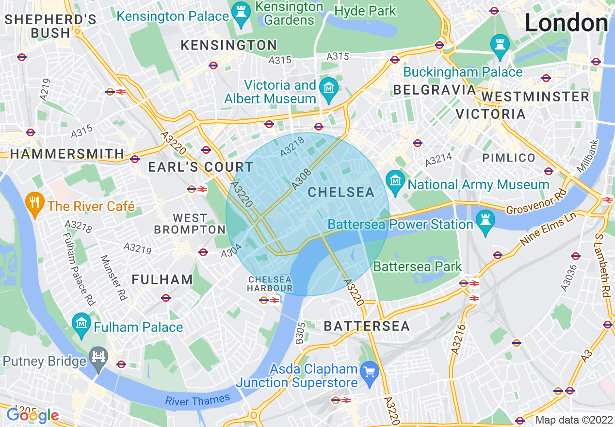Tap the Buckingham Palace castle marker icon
click(x=499, y=44)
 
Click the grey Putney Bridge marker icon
click(x=99, y=359)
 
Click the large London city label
click(x=566, y=23)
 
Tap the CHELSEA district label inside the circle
click(x=341, y=193)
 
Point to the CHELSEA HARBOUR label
click(x=270, y=284)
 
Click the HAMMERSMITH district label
click(x=67, y=154)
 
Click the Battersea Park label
click(x=418, y=267)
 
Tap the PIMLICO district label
click(x=509, y=158)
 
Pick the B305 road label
click(x=301, y=333)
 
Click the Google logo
click(x=32, y=415)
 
